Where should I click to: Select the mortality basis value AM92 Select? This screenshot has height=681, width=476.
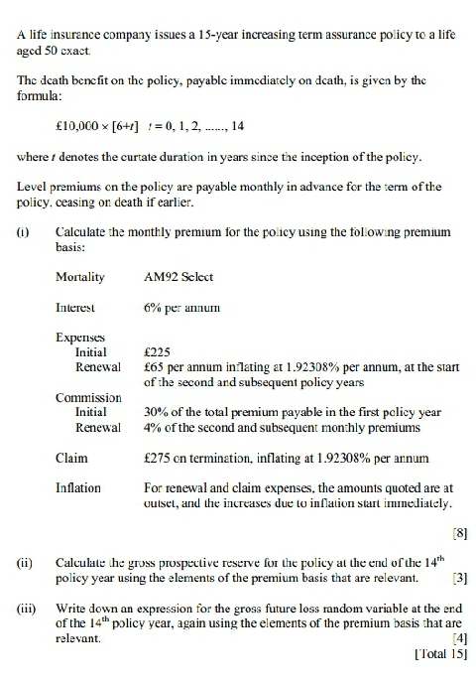[178, 277]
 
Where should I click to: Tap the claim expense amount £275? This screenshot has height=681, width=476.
[158, 459]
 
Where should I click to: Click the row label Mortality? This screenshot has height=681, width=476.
[80, 277]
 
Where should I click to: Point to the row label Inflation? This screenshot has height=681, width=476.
[78, 488]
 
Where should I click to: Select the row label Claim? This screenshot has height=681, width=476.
[71, 459]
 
